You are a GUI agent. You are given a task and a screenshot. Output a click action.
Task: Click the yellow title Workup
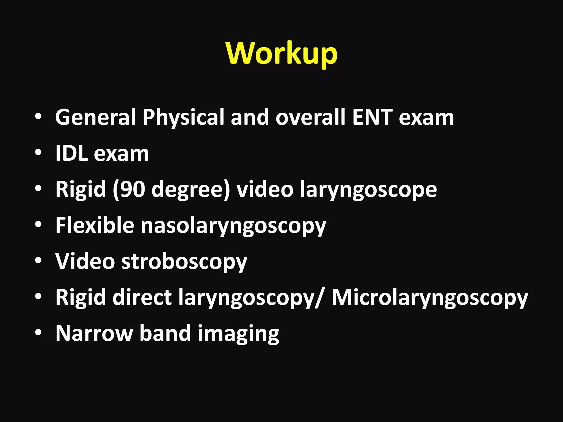pos(281,53)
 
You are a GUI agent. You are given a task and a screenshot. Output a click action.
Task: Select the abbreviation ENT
pos(372,117)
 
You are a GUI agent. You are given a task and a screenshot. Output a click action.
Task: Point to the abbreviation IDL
pos(71,153)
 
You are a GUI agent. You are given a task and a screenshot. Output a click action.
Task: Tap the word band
pos(165,333)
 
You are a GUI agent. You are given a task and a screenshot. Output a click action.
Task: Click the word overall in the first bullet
pos(310,117)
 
